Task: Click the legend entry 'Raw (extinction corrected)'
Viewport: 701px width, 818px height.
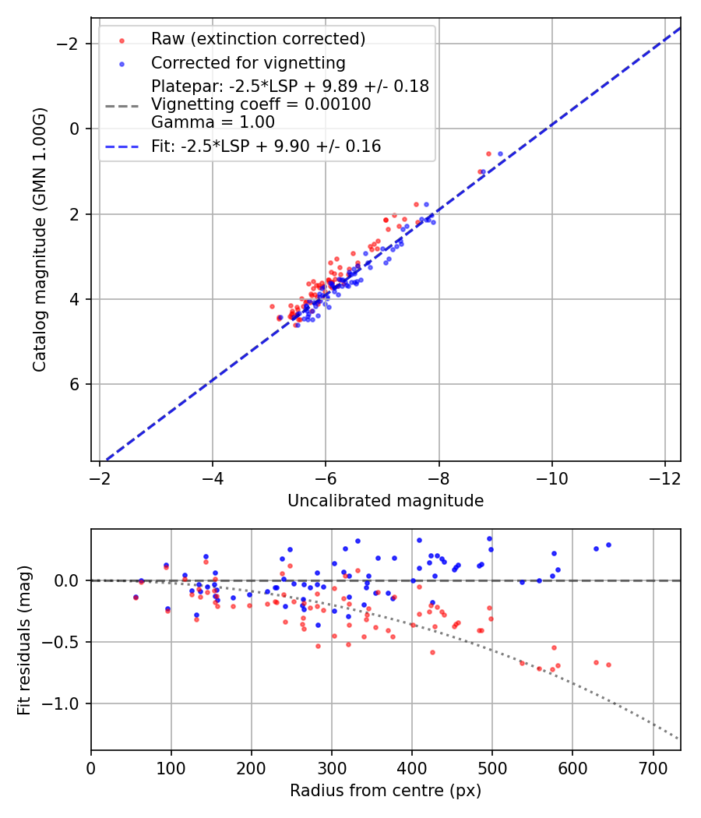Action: click(258, 39)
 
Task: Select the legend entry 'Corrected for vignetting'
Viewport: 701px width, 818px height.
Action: click(248, 62)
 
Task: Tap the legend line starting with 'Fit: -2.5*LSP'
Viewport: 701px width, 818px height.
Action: click(266, 146)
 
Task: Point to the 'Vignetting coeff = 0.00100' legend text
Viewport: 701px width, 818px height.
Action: click(261, 104)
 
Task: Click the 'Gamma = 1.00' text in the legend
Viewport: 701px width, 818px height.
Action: click(213, 122)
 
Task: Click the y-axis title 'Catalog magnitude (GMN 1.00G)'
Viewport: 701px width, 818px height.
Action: click(40, 239)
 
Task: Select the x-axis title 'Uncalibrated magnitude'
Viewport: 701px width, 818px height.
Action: click(386, 501)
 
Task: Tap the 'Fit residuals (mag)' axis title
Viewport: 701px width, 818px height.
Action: click(23, 640)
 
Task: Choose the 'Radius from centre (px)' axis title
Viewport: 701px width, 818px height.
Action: click(386, 791)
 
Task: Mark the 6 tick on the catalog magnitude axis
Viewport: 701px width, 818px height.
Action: click(76, 384)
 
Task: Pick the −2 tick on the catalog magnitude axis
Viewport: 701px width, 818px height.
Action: click(71, 44)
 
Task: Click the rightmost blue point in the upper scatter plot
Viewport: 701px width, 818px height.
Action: click(500, 153)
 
